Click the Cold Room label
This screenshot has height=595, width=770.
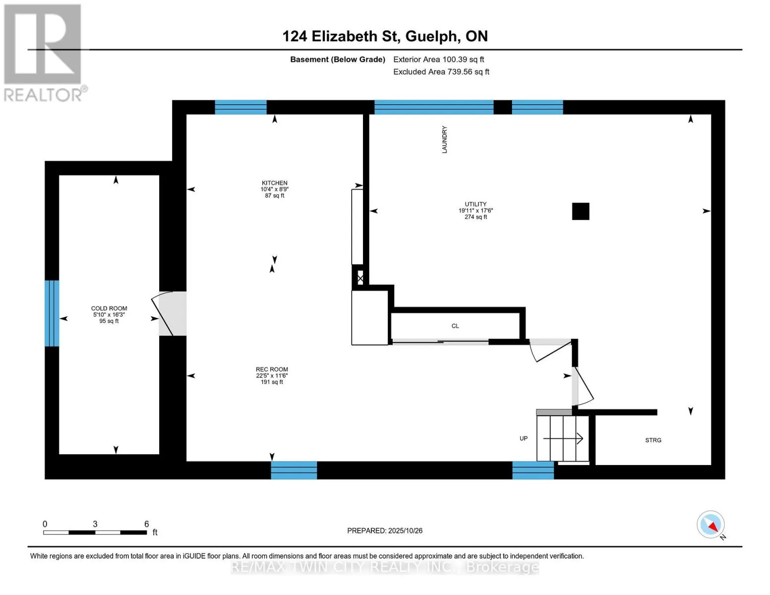click(109, 308)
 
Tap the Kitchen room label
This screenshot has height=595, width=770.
click(274, 183)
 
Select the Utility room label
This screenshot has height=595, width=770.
click(475, 204)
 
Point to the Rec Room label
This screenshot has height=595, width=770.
click(272, 369)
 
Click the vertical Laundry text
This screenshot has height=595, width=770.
click(444, 139)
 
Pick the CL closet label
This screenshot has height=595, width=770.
click(455, 326)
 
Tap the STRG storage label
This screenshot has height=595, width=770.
click(653, 440)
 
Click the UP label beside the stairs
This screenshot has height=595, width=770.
click(524, 438)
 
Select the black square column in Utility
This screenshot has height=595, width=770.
click(581, 211)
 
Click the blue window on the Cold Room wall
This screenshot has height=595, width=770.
click(52, 313)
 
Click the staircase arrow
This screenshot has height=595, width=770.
click(563, 438)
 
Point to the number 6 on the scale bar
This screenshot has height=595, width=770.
click(146, 524)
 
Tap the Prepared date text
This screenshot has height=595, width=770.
click(384, 531)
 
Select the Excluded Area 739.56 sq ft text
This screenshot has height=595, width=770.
click(441, 71)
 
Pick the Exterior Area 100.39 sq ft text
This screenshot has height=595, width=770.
click(438, 59)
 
